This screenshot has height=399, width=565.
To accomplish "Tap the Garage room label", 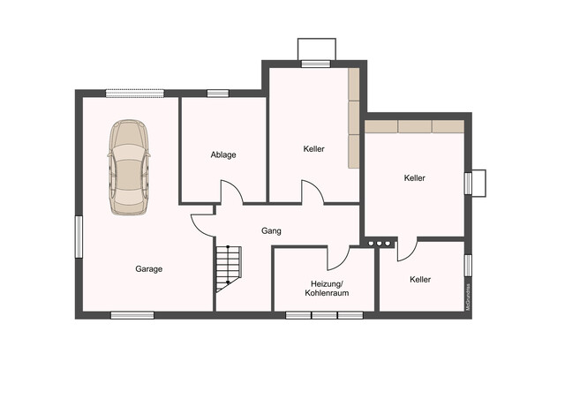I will [148, 269].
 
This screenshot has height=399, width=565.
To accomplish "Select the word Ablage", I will [223, 155].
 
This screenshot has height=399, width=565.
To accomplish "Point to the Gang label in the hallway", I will [271, 230].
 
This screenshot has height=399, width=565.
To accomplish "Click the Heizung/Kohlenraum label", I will [324, 288].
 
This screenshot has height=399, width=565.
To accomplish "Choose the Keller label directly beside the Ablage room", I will [313, 149].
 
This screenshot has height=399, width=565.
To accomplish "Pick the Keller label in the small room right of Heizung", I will [420, 280].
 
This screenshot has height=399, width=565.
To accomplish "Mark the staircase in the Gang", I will [227, 268].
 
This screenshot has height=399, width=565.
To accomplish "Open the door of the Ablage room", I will [230, 192].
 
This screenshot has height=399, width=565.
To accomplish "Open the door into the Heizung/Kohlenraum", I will [339, 258].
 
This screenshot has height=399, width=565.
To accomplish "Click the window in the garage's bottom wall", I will [132, 315].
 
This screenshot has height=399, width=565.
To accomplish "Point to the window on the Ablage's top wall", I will [218, 93].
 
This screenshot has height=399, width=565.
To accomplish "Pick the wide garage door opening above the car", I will [134, 92].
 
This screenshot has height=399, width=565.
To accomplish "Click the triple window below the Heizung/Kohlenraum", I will [324, 315].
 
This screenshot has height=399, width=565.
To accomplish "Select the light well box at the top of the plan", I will [316, 49].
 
